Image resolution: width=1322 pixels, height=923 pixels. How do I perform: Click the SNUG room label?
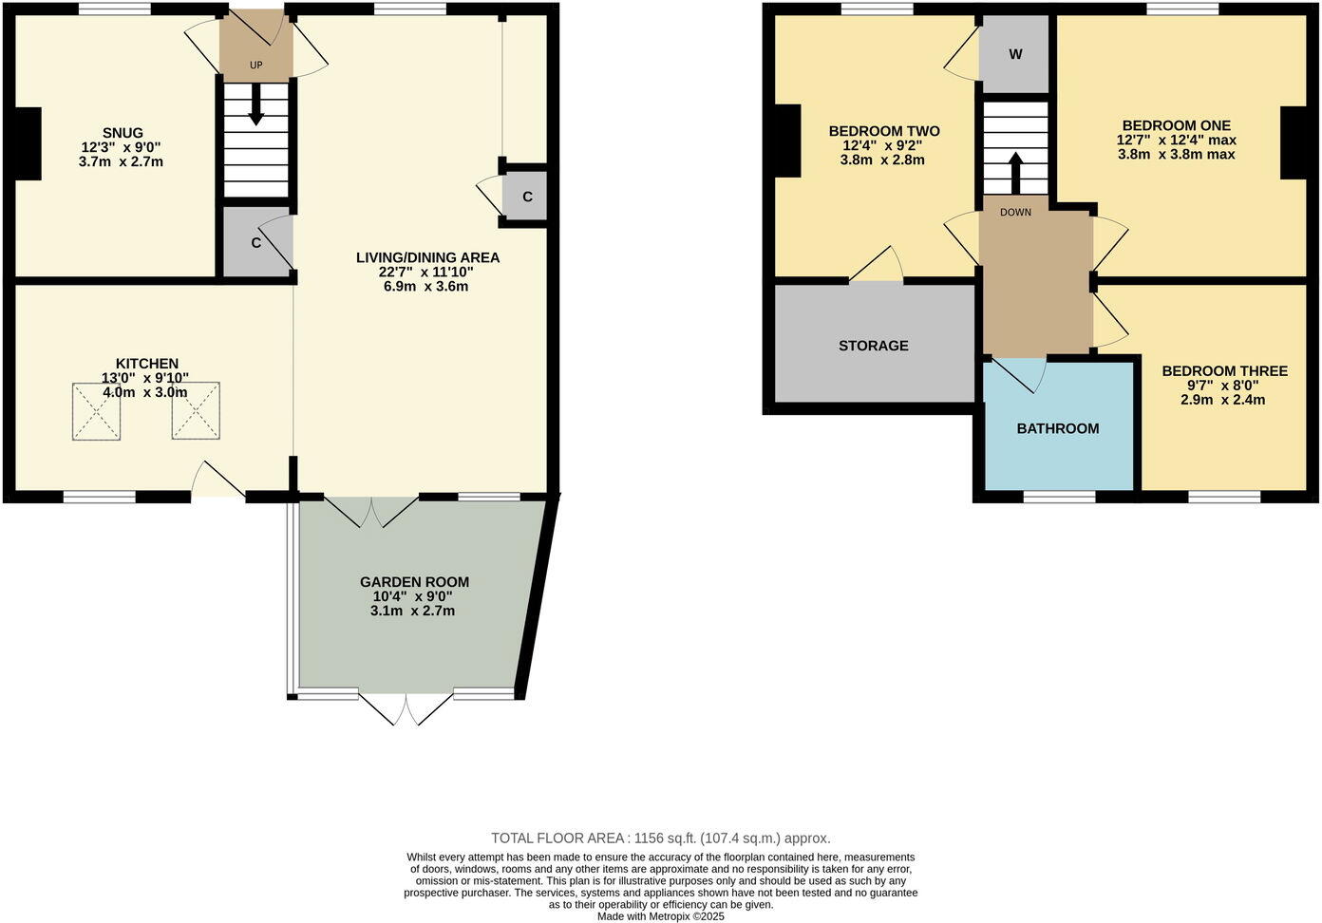[123, 133]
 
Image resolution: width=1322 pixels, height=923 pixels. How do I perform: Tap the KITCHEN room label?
[146, 364]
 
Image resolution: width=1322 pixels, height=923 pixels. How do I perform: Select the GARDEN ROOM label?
[414, 582]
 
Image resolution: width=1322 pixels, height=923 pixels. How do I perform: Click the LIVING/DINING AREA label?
[427, 257]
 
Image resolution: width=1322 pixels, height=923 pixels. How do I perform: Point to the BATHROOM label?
[1057, 428]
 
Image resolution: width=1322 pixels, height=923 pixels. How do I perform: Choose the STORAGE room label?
[873, 346]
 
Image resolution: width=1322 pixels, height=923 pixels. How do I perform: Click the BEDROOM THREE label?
[1224, 371]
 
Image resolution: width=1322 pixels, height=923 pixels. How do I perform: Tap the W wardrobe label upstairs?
[1015, 54]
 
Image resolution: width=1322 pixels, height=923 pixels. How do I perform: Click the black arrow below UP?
[255, 104]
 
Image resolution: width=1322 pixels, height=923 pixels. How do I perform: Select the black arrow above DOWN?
[1014, 173]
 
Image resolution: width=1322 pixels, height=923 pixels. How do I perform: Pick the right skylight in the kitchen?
[196, 411]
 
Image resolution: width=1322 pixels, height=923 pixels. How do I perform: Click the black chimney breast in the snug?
[28, 143]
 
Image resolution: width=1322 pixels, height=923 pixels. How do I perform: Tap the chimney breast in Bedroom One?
[1294, 142]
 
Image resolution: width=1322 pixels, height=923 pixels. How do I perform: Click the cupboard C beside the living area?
[527, 198]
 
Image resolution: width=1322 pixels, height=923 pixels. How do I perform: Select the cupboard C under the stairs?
[255, 242]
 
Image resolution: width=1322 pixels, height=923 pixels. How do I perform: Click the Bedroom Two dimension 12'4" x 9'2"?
[882, 146]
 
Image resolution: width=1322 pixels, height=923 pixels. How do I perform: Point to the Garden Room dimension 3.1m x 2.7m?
[412, 611]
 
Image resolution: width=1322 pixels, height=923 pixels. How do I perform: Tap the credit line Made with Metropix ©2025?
[660, 916]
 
